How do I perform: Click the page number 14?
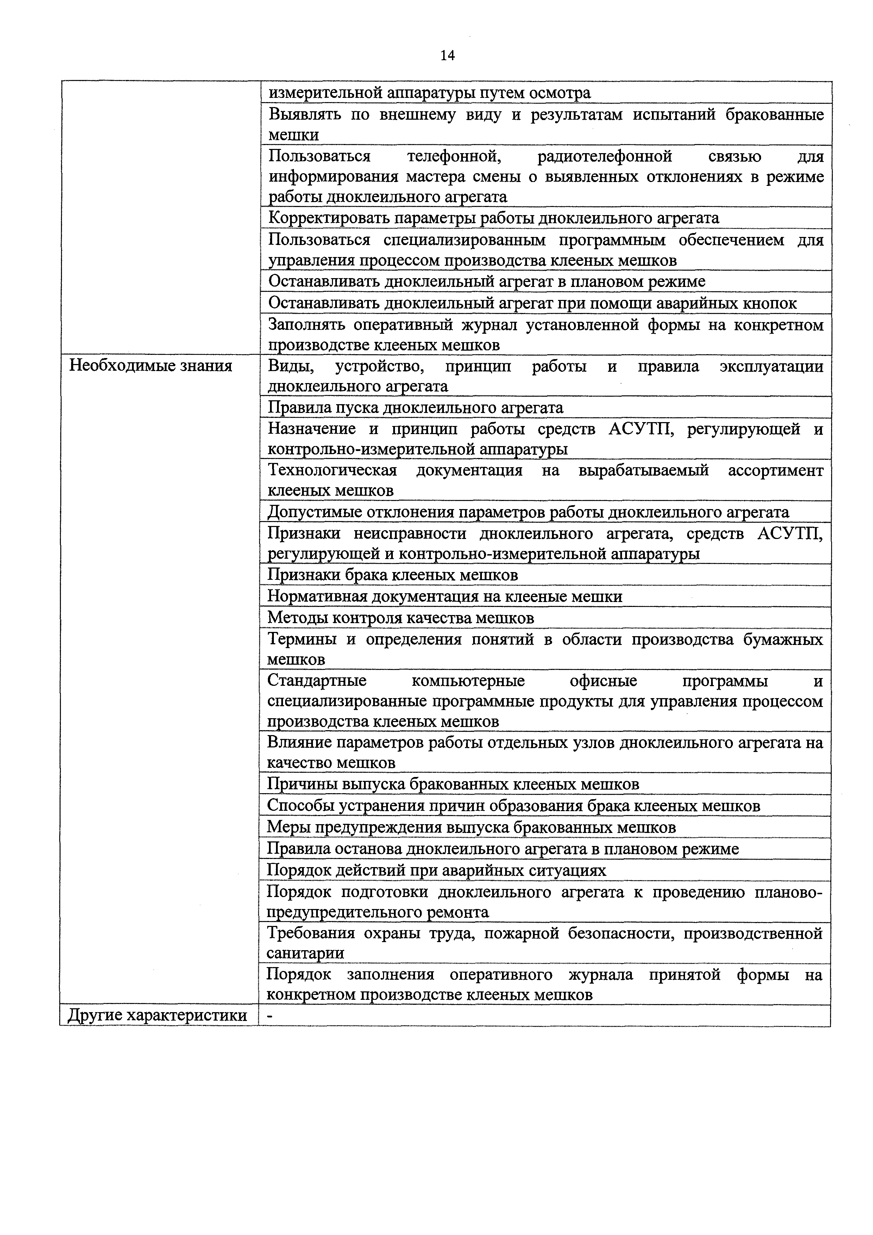tap(447, 55)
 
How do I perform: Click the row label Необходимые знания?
tap(151, 366)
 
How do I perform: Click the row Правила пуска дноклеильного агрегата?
tap(415, 408)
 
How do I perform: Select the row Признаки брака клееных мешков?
tap(392, 575)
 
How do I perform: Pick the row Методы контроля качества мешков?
tap(401, 618)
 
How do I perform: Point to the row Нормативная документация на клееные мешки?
tap(445, 596)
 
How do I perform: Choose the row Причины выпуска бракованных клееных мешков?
tap(453, 784)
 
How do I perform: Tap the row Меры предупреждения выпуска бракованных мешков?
tap(471, 827)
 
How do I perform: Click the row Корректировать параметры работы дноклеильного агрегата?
tap(493, 218)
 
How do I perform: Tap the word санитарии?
tap(306, 953)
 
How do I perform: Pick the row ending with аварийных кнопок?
tap(532, 303)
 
